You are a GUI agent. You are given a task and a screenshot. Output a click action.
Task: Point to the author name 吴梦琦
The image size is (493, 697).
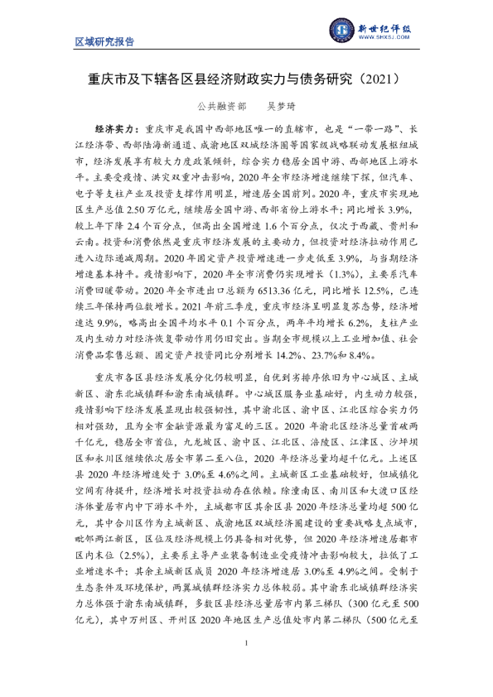pyautogui.click(x=280, y=107)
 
